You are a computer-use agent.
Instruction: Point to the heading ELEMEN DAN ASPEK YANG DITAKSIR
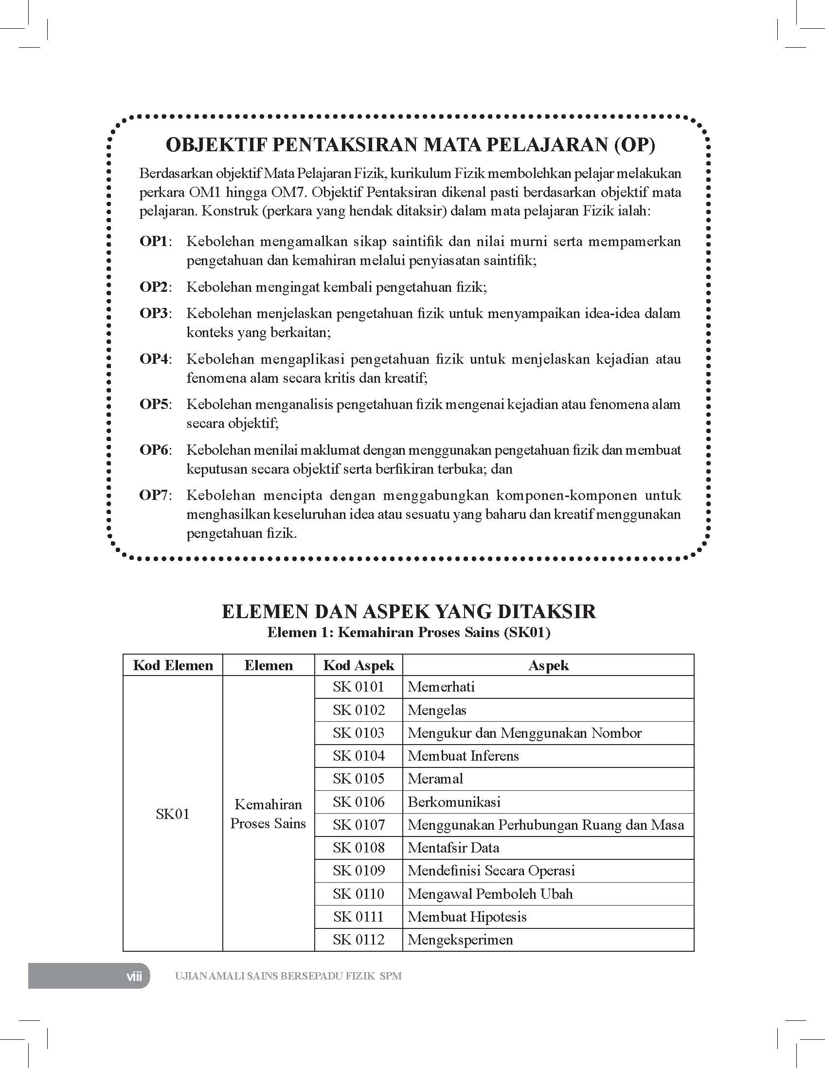pyautogui.click(x=409, y=612)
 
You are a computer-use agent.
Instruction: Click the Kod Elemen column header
pyautogui.click(x=173, y=665)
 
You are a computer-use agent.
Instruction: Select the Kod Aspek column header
pyautogui.click(x=359, y=665)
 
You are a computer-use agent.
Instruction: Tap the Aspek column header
pyautogui.click(x=548, y=665)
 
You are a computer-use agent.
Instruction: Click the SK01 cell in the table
pyautogui.click(x=173, y=814)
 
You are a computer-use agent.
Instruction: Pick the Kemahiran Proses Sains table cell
pyautogui.click(x=268, y=814)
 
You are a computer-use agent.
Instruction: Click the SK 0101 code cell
pyautogui.click(x=359, y=687)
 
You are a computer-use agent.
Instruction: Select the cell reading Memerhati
pyautogui.click(x=441, y=687)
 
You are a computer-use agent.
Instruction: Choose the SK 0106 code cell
pyautogui.click(x=359, y=802)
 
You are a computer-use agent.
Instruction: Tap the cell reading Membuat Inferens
pyautogui.click(x=463, y=756)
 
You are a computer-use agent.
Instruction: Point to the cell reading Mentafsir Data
pyautogui.click(x=453, y=848)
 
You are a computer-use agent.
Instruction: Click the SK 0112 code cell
pyautogui.click(x=359, y=940)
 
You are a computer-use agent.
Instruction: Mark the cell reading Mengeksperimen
pyautogui.click(x=460, y=940)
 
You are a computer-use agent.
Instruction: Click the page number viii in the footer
pyautogui.click(x=134, y=977)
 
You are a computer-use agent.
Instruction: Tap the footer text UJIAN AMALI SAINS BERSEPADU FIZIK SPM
pyautogui.click(x=288, y=977)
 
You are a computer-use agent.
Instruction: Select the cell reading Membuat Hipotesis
pyautogui.click(x=467, y=917)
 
